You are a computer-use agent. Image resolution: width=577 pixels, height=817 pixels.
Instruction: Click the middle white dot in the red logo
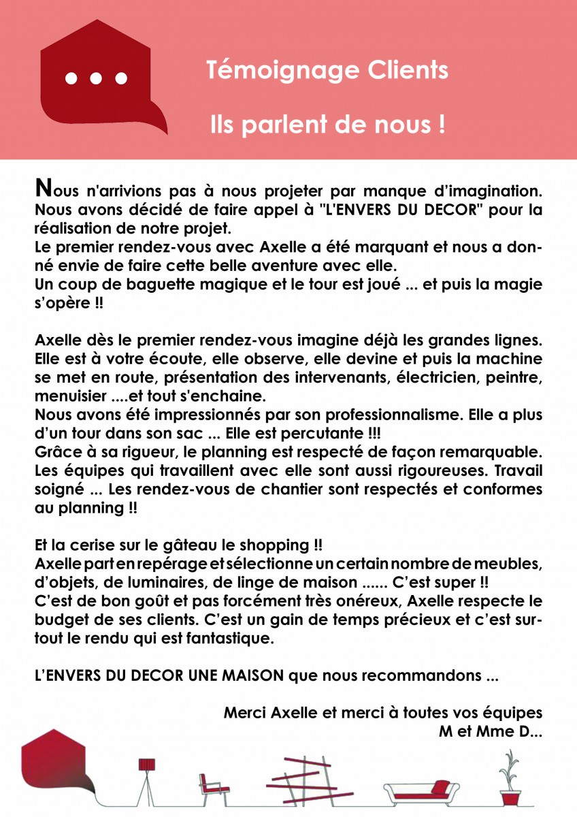[x=95, y=78]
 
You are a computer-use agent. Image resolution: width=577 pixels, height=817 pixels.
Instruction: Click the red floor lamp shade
[x=147, y=765]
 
